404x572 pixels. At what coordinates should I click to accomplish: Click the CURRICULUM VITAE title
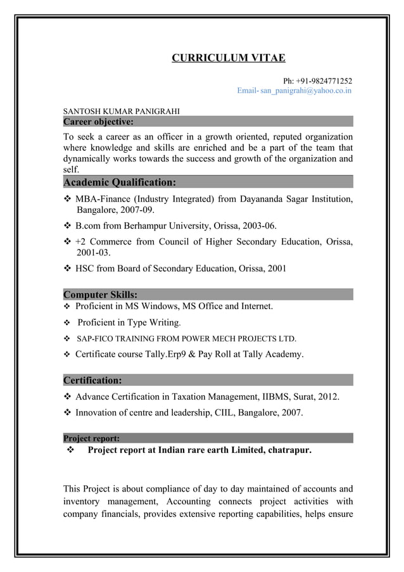click(229, 59)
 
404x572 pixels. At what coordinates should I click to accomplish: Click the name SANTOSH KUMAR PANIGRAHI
click(122, 111)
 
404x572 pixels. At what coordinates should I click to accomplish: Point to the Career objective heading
click(98, 122)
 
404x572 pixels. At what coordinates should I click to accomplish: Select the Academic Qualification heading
click(120, 183)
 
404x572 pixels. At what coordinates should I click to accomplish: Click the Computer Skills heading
click(101, 295)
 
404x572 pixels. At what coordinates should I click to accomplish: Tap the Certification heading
click(93, 381)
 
